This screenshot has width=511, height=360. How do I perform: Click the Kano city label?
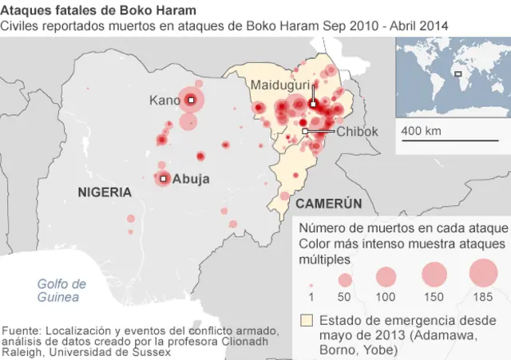pos(165,101)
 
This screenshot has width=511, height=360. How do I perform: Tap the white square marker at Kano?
pos(191,100)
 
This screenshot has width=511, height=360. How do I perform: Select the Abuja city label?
pos(191,179)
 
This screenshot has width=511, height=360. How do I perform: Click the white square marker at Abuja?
pos(163,179)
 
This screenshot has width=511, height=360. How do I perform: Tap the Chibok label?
pos(357,132)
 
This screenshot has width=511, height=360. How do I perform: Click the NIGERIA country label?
pos(105,192)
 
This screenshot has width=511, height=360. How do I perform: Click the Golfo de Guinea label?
pos(61,291)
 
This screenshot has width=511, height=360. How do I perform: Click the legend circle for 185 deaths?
pos(483,274)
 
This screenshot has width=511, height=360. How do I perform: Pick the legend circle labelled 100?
pos(386,277)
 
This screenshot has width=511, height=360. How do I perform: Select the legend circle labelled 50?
pos(345,280)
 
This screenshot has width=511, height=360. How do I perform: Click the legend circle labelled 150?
pos(433,275)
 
